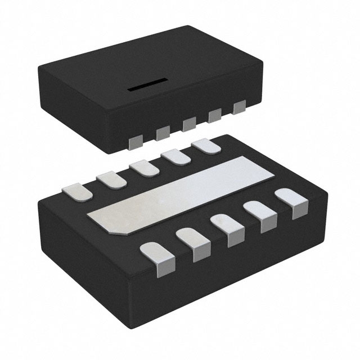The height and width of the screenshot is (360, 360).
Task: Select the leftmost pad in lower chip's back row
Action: coord(78,191)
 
